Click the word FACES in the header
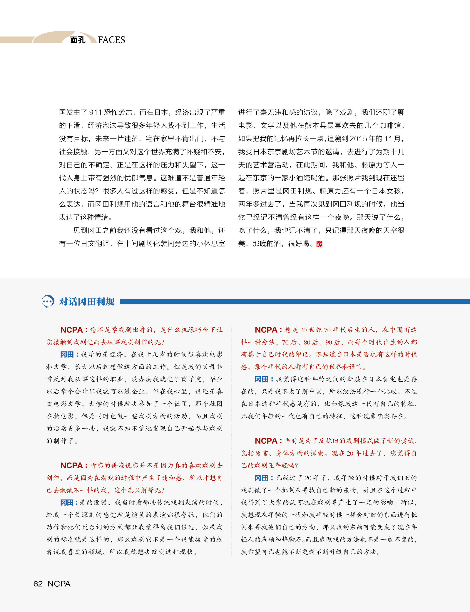pos(111,40)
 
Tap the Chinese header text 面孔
pos(78,40)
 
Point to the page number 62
pos(38,584)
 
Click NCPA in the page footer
pos(59,584)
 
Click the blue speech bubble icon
pos(48,301)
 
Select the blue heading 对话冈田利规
pos(87,301)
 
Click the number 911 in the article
pos(95,113)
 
